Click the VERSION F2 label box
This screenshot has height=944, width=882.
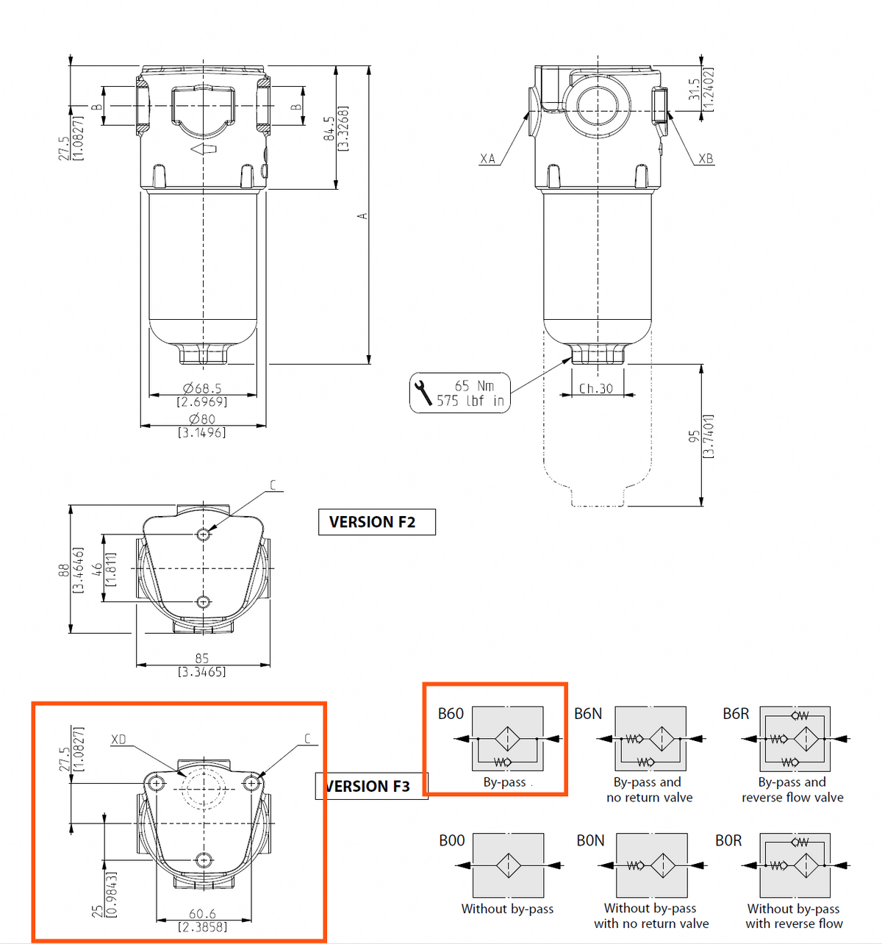pos(376,522)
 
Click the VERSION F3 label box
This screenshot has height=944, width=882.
pos(372,786)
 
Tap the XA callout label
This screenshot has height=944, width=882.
pos(487,159)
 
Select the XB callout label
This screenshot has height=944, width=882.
pos(706,159)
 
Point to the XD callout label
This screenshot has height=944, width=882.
pos(118,739)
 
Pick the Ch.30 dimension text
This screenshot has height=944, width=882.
pos(596,389)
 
